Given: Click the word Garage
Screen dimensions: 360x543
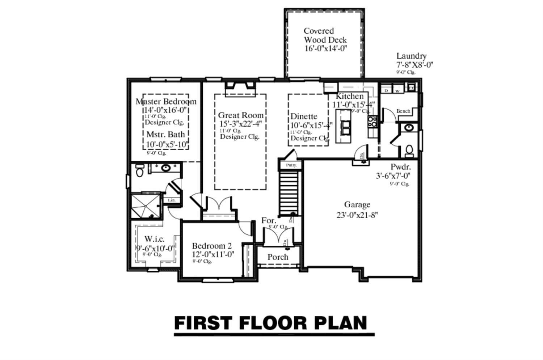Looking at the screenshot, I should click(x=357, y=205).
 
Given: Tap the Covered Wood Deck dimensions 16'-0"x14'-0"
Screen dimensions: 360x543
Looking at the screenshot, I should click(x=325, y=48).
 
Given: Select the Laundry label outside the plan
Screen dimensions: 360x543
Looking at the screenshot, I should click(x=411, y=56).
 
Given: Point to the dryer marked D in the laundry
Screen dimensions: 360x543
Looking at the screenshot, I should click(x=386, y=90).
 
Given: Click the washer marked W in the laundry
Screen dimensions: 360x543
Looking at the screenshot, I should click(x=397, y=91).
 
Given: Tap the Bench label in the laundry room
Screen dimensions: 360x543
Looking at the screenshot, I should click(x=403, y=111).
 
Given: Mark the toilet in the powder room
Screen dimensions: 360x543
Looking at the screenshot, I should click(x=409, y=149).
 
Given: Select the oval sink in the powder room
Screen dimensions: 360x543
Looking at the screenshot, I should click(x=409, y=127).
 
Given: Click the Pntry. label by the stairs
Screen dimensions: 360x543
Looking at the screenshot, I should click(x=291, y=165).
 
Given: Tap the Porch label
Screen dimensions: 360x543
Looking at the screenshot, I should click(x=278, y=257).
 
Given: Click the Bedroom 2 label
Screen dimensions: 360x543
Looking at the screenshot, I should click(x=212, y=246).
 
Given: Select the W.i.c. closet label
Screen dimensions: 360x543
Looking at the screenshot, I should click(x=154, y=239).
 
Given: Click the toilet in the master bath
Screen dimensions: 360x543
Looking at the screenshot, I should click(x=139, y=171).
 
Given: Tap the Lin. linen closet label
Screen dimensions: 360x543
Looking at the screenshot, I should click(x=171, y=200).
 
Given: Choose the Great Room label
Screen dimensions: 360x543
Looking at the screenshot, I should click(x=240, y=115).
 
